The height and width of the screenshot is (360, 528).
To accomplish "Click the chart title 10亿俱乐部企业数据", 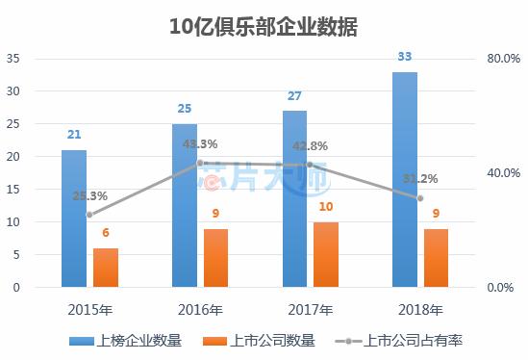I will coord(263,26).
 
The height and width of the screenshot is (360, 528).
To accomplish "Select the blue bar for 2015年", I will coord(74,219).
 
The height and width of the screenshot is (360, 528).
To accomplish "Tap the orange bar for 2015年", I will coord(106,267).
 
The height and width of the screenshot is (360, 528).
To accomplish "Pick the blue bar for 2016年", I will coord(185,205).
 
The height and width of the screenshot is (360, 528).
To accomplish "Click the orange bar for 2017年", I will coord(327,254).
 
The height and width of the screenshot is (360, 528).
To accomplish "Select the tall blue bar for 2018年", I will coord(406,179).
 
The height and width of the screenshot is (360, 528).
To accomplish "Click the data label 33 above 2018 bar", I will coord(406,57).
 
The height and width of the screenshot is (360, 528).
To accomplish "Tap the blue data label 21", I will coord(74,135).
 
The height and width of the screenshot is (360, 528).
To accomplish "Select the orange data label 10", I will coord(327,207).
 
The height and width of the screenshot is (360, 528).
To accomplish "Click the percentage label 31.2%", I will coord(420,178).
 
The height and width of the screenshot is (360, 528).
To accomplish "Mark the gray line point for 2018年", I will coord(420,198).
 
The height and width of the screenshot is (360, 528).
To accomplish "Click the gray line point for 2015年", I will coord(89,215).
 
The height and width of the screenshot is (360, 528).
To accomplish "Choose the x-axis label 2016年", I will coord(200,310).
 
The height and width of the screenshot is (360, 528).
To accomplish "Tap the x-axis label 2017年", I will coord(311,310).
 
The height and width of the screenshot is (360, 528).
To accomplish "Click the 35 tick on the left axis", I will coord(13,59).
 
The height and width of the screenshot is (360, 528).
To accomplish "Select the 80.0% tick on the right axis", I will coord(503,59).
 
